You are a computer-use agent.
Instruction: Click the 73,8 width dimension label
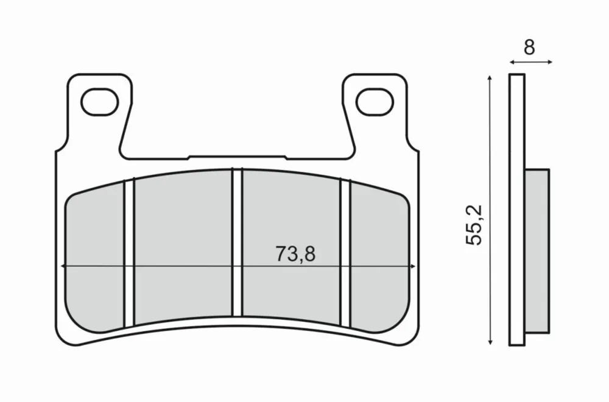(x=295, y=254)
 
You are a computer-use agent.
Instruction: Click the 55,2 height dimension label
(x=474, y=225)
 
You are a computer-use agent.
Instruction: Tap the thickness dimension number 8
(x=529, y=48)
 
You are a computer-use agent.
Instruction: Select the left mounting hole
(x=99, y=102)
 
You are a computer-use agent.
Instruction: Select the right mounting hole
(x=375, y=102)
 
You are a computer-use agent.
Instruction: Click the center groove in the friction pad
(x=237, y=243)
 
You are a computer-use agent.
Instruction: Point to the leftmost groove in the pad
(x=129, y=253)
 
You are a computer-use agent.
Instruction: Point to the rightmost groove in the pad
(x=345, y=253)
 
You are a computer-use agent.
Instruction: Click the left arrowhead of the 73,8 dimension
(x=63, y=266)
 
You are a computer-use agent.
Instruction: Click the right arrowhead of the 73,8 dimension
(x=414, y=266)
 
